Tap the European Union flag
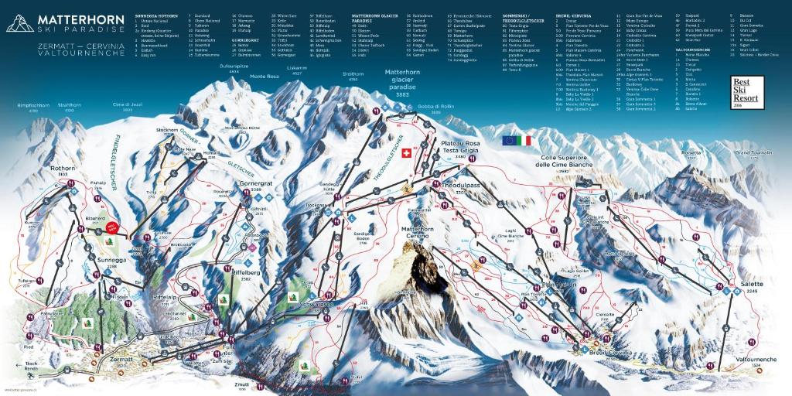pyautogui.click(x=509, y=140)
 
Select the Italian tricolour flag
pyautogui.click(x=526, y=140)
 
